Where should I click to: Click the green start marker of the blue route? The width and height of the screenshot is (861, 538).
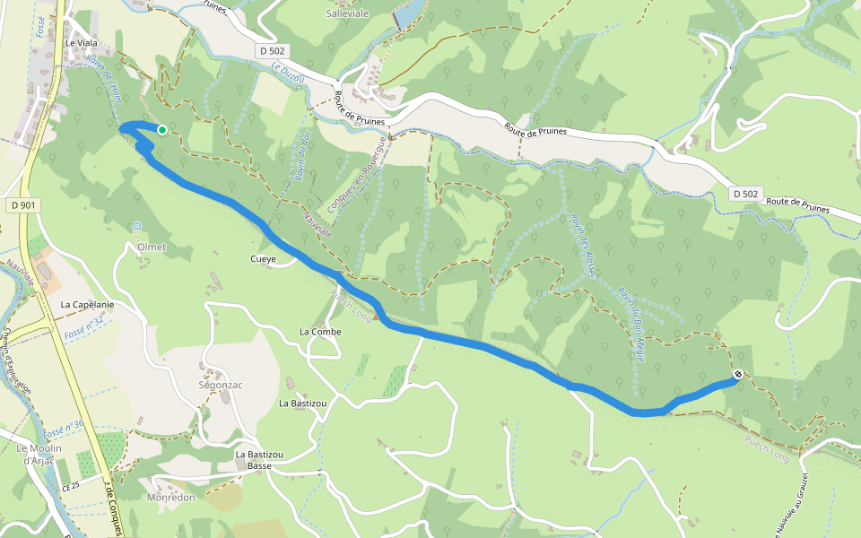[x=162, y=130]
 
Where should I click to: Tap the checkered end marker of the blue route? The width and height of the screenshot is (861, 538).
[x=738, y=375]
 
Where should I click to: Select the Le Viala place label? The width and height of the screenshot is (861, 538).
[x=81, y=42]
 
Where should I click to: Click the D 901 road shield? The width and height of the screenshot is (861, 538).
[x=24, y=205]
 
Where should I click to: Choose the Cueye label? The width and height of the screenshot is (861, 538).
[x=263, y=259]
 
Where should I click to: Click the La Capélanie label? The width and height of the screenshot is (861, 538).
[x=87, y=305]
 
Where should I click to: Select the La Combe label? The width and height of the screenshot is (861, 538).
[x=320, y=332]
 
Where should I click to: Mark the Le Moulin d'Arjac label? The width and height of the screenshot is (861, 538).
[x=39, y=454]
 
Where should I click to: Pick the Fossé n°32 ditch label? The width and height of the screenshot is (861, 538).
[x=85, y=328]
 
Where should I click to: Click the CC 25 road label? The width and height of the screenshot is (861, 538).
[x=73, y=487]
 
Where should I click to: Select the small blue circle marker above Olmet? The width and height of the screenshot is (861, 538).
[x=137, y=225]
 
